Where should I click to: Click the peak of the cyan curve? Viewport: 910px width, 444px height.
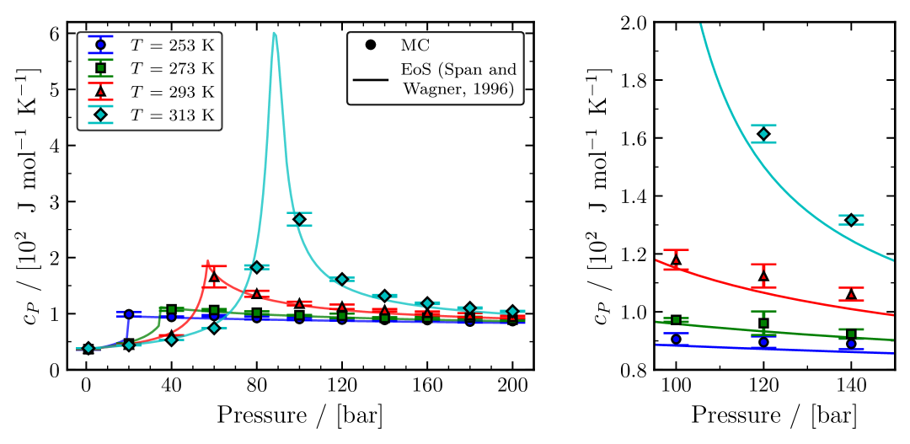click(275, 34)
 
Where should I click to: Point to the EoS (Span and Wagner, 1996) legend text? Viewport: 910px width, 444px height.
click(456, 78)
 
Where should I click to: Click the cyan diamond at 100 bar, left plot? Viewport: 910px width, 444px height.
click(299, 219)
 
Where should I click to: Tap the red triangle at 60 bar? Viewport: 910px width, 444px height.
click(214, 276)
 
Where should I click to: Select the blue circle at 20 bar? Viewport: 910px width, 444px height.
click(129, 314)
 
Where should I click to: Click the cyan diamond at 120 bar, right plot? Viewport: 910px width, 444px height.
click(763, 134)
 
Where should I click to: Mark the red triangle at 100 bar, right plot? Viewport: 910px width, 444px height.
click(676, 259)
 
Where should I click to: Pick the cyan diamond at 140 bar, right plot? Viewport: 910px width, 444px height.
click(851, 220)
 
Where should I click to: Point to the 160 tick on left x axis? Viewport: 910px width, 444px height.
click(427, 388)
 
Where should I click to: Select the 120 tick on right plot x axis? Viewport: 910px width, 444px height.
click(763, 388)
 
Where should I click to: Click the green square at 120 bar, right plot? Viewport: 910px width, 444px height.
click(763, 324)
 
